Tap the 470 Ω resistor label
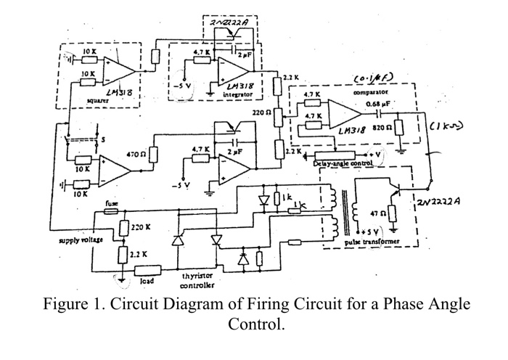(x=137, y=155)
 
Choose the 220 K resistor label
(x=140, y=227)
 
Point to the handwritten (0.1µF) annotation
(x=372, y=78)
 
